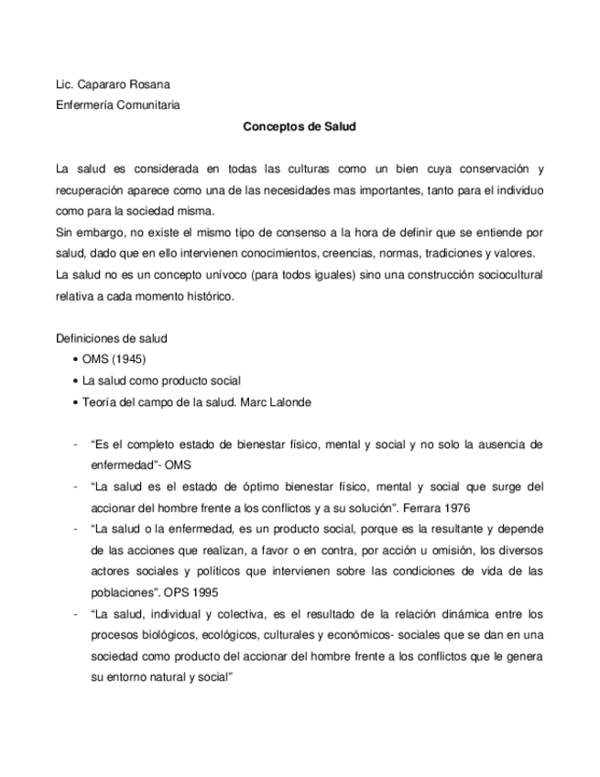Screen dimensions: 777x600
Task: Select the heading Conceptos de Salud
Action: (x=299, y=127)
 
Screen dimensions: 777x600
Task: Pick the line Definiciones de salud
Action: (x=111, y=338)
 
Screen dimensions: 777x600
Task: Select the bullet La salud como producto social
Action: (x=161, y=379)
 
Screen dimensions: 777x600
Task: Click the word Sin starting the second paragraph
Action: (x=66, y=232)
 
